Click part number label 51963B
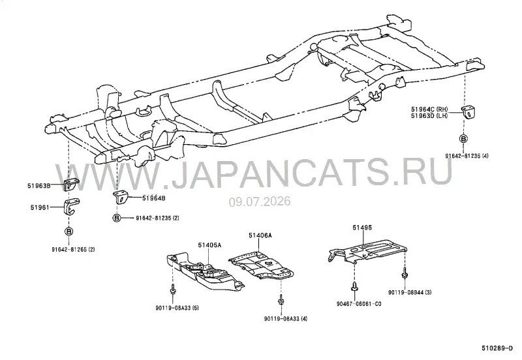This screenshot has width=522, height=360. click(38, 186)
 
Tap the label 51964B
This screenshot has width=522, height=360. click(154, 198)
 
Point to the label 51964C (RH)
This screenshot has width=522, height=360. click(429, 109)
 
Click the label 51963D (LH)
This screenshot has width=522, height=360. click(429, 115)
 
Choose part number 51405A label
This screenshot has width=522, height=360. click(209, 245)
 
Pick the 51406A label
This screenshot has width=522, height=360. click(260, 235)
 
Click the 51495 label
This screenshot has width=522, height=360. click(363, 228)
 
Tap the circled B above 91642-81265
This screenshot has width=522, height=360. click(69, 232)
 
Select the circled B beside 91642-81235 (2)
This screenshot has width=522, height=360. click(117, 218)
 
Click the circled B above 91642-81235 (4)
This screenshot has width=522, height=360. click(463, 139)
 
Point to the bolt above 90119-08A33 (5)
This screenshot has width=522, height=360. click(173, 289)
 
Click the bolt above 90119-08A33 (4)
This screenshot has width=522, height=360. click(281, 300)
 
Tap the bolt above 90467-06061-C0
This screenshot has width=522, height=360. click(354, 286)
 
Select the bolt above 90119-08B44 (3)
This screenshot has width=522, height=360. click(405, 272)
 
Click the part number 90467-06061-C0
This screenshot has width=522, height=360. click(359, 304)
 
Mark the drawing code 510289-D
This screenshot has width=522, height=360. click(497, 348)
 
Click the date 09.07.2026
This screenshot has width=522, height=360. click(259, 202)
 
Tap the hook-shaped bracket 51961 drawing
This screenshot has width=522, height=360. click(71, 207)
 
